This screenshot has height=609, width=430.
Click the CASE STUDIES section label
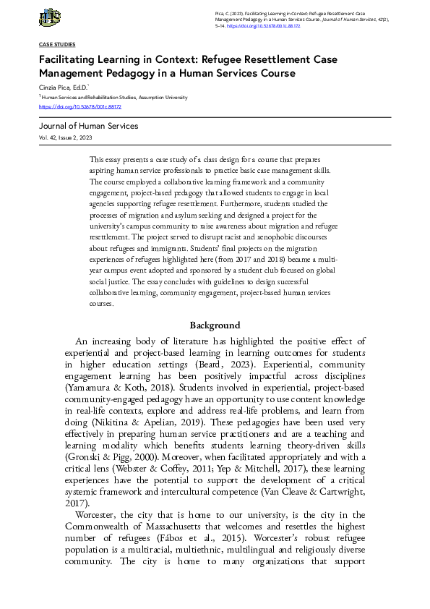coord(57,45)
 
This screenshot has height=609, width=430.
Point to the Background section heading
coord(215,325)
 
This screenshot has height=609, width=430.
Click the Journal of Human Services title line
coord(88,126)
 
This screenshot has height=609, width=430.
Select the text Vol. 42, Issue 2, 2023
coord(66,137)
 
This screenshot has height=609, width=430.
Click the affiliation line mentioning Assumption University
coord(115,97)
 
